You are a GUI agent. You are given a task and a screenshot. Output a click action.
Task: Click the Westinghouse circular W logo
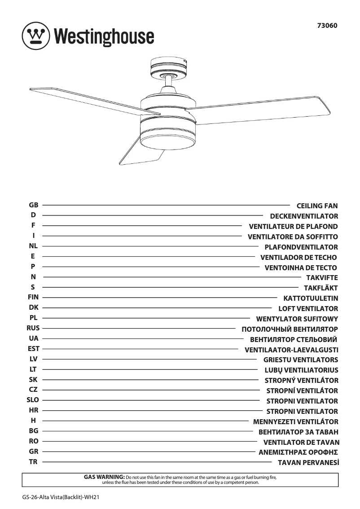[36, 36]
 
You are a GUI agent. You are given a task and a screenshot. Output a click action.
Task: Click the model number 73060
[327, 26]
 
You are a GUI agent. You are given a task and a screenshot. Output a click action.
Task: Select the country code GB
[34, 205]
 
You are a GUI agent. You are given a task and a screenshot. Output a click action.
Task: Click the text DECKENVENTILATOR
[304, 216]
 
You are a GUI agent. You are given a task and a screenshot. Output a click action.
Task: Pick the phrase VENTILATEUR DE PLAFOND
[293, 227]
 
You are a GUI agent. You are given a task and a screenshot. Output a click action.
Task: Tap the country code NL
[33, 246]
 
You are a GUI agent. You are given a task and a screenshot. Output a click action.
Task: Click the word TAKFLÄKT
[320, 288]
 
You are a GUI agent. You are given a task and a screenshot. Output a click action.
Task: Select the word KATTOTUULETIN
[311, 298]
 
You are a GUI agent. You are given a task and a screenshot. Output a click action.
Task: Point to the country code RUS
[33, 328]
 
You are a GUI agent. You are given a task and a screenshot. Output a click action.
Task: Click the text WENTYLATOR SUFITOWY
[297, 319]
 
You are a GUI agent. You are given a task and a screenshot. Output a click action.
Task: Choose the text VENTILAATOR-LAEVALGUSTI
[291, 350]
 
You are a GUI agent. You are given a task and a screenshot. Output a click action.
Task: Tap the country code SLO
[33, 400]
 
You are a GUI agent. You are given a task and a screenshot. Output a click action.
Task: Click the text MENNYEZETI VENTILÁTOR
[296, 422]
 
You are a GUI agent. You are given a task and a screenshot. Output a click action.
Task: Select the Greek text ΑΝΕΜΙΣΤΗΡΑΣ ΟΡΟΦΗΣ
[298, 452]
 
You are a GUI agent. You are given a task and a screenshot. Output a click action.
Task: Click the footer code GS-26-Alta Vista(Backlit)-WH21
[60, 497]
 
